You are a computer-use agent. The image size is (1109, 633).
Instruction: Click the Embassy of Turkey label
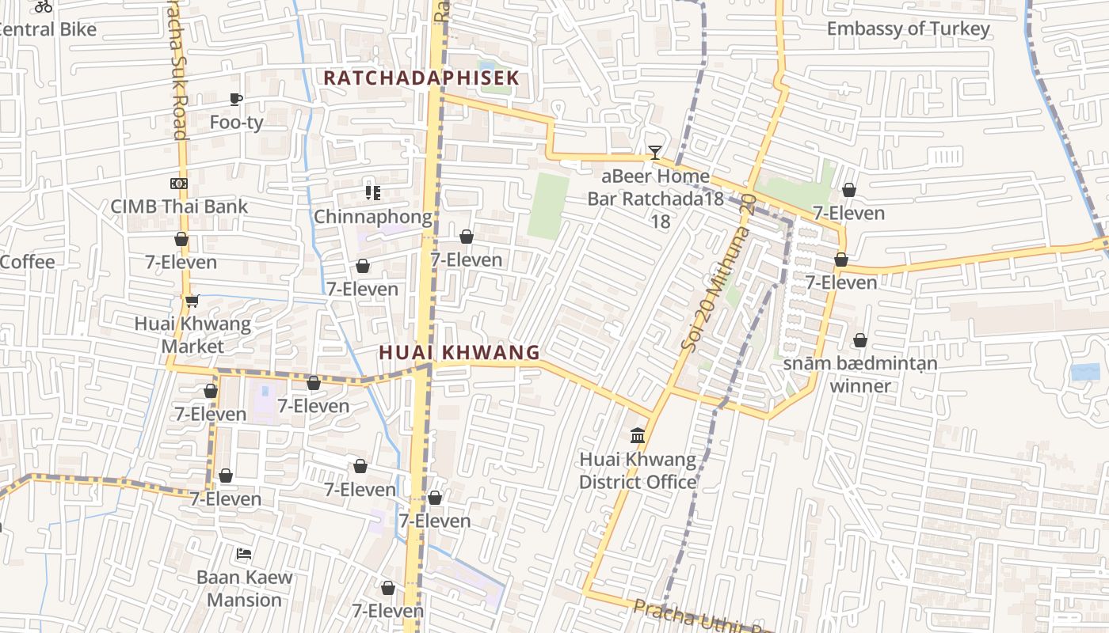click(x=908, y=29)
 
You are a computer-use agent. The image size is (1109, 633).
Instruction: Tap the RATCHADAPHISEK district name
click(x=421, y=78)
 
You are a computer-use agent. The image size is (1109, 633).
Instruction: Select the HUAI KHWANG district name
click(x=459, y=352)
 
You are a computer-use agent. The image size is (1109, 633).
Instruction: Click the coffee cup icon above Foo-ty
click(x=236, y=99)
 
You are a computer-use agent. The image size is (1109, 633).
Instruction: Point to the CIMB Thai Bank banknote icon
click(x=178, y=184)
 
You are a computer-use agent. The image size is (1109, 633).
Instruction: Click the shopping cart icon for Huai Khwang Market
click(x=192, y=301)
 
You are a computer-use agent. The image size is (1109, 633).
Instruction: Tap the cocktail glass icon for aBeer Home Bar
click(x=654, y=152)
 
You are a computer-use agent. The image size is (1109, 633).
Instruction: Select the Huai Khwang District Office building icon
click(x=638, y=436)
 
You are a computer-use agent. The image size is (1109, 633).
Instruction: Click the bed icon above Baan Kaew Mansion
click(x=244, y=553)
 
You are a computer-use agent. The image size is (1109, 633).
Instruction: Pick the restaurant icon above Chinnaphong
click(x=372, y=192)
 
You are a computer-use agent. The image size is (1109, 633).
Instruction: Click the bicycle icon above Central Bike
click(x=44, y=6)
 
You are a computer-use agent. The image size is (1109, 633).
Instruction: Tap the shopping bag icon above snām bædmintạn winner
click(x=859, y=341)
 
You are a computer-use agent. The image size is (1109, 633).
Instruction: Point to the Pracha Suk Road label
click(x=177, y=71)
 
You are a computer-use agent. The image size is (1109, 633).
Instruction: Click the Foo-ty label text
click(x=236, y=123)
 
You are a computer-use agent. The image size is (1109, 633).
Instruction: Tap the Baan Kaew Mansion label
click(x=244, y=588)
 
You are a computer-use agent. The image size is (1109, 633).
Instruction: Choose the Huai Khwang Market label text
click(x=192, y=335)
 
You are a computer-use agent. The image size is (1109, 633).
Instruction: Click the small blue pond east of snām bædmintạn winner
click(x=1084, y=372)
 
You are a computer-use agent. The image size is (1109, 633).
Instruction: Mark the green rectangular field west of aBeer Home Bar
click(x=549, y=206)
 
